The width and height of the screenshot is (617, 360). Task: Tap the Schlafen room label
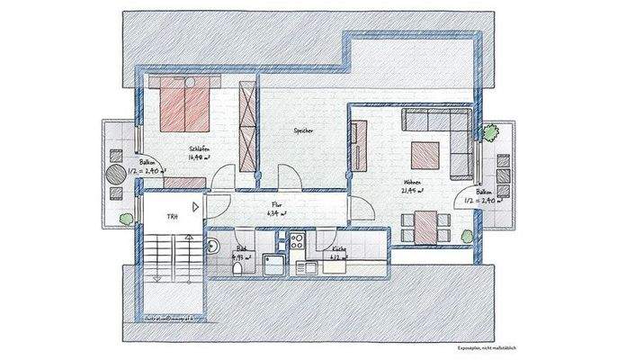(199, 148)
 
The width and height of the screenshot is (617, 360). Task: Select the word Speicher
(303, 131)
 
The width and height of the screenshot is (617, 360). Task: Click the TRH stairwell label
(170, 217)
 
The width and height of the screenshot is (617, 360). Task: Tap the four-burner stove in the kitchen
(295, 240)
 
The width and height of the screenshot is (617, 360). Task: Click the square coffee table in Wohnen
(425, 157)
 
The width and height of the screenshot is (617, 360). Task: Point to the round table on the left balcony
(116, 174)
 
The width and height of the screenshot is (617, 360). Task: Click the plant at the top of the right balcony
(489, 133)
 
